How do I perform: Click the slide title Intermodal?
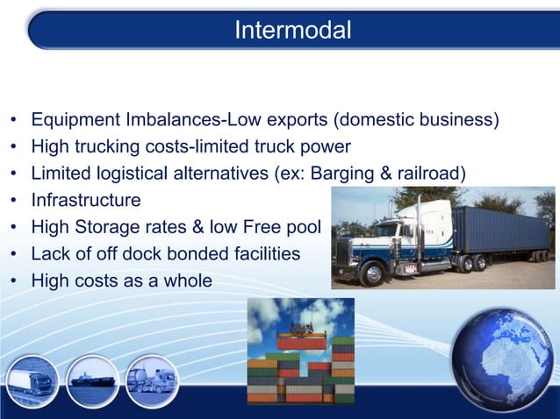click(x=293, y=31)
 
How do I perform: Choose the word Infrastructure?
click(x=86, y=200)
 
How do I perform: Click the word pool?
click(x=302, y=227)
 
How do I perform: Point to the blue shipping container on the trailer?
click(x=500, y=228)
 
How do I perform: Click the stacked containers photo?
click(x=300, y=351)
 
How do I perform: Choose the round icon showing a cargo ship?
click(x=92, y=382)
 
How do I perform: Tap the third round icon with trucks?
click(x=152, y=382)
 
